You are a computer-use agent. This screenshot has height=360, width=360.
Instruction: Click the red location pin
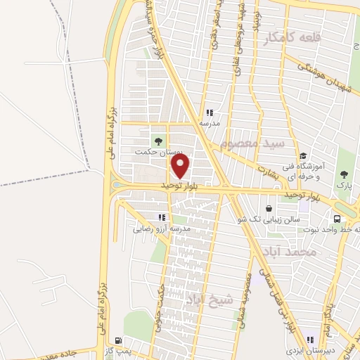(181, 166)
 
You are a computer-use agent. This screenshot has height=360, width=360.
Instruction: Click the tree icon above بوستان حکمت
(157, 139)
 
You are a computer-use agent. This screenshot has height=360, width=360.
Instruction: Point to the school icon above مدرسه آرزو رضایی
(162, 217)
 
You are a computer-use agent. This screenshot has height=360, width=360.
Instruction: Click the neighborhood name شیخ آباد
(204, 299)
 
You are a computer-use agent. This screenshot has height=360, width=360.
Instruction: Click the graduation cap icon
(302, 156)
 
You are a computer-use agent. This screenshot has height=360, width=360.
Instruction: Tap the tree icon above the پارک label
(344, 173)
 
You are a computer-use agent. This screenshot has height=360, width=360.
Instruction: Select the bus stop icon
(338, 218)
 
